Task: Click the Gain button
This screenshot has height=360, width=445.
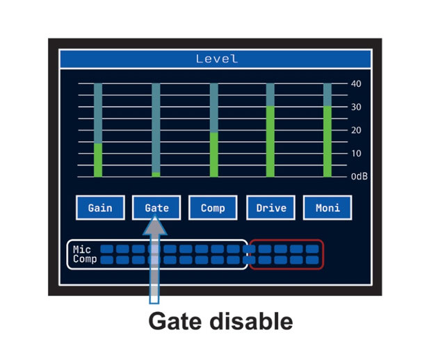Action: tap(100, 208)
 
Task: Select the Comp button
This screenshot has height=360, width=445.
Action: tap(213, 208)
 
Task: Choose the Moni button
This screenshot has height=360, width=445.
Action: tap(327, 208)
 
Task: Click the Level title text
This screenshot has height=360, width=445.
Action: tap(216, 59)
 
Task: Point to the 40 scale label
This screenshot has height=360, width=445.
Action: tap(356, 84)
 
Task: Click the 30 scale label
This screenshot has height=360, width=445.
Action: tap(356, 107)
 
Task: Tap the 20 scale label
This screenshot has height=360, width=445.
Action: tap(356, 131)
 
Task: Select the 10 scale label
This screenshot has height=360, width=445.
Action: tap(356, 154)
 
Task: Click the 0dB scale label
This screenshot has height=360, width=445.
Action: tap(359, 177)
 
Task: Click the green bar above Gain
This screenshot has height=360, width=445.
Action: tap(98, 160)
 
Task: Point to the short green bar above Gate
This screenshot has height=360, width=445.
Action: tap(156, 174)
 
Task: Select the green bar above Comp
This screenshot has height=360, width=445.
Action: tap(213, 154)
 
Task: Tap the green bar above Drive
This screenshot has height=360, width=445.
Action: tap(270, 141)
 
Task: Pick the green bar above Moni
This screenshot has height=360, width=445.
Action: tap(327, 141)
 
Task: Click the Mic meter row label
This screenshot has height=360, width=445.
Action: tap(82, 249)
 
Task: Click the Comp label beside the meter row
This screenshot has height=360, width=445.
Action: tap(85, 259)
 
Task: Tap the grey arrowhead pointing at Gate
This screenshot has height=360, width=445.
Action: tap(155, 225)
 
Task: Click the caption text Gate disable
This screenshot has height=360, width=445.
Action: tap(220, 321)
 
